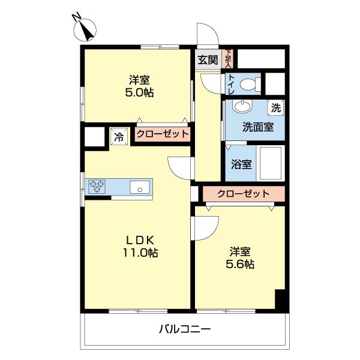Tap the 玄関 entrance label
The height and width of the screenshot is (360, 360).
pos(208,59)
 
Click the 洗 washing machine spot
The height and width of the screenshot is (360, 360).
pos(275,108)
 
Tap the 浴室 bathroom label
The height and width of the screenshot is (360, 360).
pos(241,164)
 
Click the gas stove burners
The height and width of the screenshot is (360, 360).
pos(97,187)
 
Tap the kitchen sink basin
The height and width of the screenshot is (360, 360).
pos(140,188)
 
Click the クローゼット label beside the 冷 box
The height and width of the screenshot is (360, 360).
pos(162,134)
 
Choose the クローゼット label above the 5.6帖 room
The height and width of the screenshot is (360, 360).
pos(243,194)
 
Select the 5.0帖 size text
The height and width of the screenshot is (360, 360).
pos(138,93)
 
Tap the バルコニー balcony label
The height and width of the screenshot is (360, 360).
pos(185,329)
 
